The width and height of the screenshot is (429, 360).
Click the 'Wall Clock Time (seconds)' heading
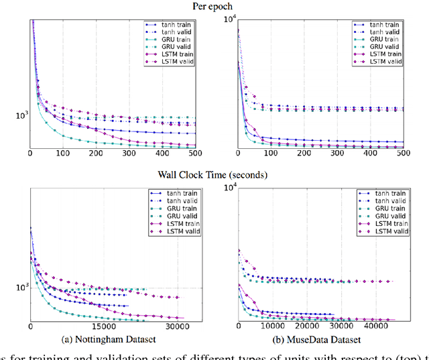(212, 175)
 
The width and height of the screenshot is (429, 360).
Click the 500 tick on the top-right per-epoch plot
(404, 154)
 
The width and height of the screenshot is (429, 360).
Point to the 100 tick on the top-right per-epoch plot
(271, 154)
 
